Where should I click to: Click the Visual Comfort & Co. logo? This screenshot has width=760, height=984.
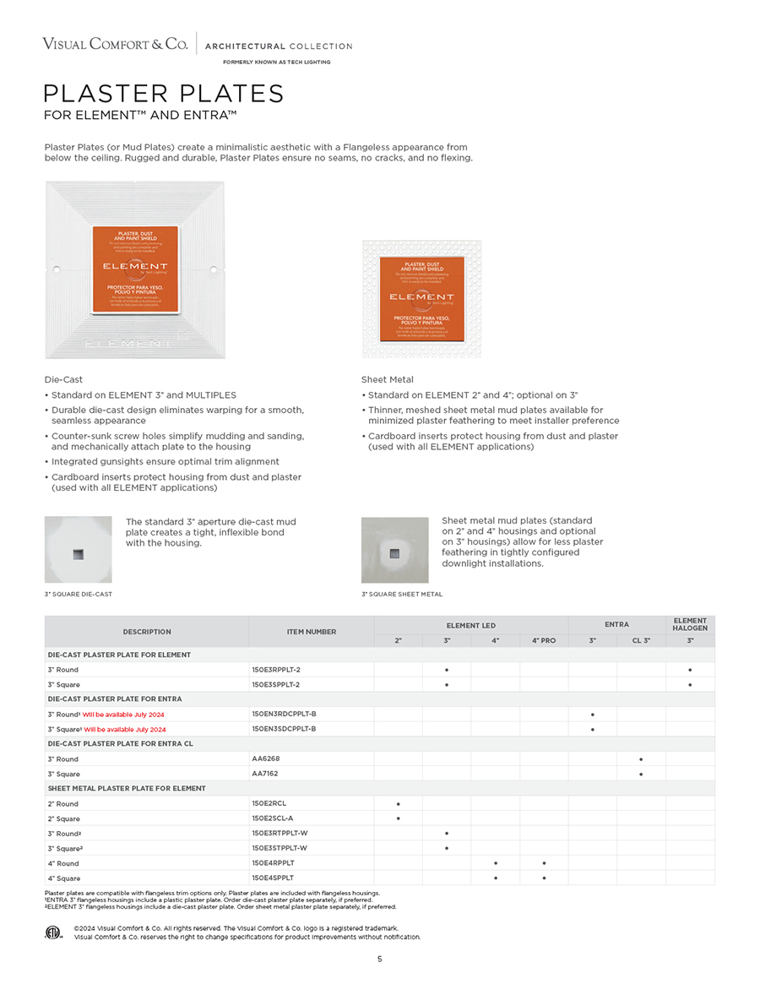(x=115, y=44)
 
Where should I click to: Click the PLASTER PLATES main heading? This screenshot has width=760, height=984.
(x=164, y=93)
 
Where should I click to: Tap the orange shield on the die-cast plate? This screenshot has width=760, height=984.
(x=135, y=270)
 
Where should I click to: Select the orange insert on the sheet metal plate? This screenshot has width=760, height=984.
(x=421, y=298)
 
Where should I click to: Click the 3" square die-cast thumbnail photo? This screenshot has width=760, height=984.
(x=79, y=550)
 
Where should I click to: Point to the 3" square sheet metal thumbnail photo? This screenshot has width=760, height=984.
(x=394, y=550)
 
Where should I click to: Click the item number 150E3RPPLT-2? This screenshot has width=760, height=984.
(x=275, y=670)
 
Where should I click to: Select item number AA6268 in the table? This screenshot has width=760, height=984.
(x=265, y=759)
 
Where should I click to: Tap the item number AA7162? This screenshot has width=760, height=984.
(x=265, y=774)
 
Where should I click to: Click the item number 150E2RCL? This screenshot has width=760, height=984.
(x=269, y=804)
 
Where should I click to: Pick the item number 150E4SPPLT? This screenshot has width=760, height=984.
(x=273, y=878)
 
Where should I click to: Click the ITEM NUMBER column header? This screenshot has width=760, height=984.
(x=311, y=632)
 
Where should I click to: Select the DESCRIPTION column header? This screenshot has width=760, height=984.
(x=147, y=632)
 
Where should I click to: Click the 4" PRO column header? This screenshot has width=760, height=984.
(x=544, y=640)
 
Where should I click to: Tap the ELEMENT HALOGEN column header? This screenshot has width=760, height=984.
(x=690, y=624)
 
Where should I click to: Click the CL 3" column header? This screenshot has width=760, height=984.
(x=641, y=640)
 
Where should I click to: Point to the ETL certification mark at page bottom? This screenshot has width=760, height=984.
(x=55, y=932)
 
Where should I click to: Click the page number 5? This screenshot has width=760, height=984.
(x=380, y=959)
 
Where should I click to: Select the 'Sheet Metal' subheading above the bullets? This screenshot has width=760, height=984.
(x=388, y=380)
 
